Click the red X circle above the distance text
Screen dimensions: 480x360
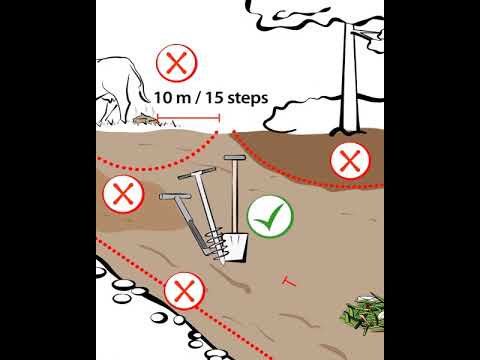[x=177, y=63]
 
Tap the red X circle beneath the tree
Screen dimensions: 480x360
[x=350, y=161]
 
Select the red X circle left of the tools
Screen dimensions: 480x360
[x=123, y=194]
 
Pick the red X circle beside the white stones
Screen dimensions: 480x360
[x=185, y=291]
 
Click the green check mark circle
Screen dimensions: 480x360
[x=270, y=216]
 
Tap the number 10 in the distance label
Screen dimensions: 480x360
[x=162, y=98]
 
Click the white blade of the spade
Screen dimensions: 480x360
[x=236, y=246]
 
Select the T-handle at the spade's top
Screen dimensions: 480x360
[x=235, y=157]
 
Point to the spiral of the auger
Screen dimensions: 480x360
[x=216, y=246]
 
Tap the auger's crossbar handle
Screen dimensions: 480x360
[x=196, y=173]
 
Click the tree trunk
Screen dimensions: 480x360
[x=350, y=80]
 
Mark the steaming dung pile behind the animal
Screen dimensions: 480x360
[x=144, y=119]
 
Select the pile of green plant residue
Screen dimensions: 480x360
[x=363, y=312]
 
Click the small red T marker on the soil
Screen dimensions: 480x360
[x=288, y=282]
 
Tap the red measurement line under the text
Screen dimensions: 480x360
[x=188, y=117]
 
